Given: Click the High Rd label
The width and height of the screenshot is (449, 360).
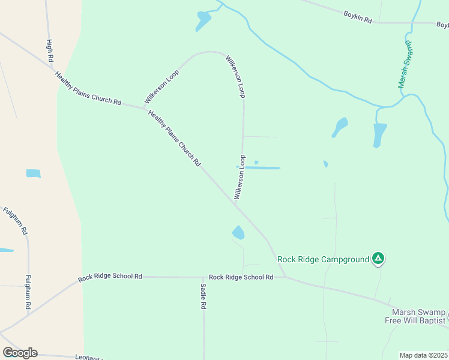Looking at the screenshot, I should [50, 51].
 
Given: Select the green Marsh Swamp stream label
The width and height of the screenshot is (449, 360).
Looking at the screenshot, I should [406, 65].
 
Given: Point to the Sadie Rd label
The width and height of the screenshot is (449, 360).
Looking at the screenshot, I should [203, 296].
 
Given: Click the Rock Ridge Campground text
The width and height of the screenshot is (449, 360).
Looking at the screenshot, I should [323, 259].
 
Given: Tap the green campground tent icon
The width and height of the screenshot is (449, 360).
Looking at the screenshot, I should [378, 259].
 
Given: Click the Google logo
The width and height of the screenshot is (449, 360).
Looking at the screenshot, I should [20, 353].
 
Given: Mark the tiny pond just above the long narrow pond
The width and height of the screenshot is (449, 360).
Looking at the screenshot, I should [256, 162].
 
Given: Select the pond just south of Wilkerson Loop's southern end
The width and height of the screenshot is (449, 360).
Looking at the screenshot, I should [238, 232].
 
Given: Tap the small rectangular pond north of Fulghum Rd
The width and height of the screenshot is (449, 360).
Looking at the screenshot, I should [33, 173].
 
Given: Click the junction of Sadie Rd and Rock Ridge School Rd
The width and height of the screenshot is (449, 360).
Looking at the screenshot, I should [203, 277].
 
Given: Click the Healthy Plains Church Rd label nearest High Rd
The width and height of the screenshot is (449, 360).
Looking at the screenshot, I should [88, 89].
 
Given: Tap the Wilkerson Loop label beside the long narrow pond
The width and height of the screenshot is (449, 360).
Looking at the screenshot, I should [240, 177].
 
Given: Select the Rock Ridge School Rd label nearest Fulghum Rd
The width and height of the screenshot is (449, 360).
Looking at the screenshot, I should [110, 277].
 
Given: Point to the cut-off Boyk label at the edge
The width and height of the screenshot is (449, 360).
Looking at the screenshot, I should [442, 25].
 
